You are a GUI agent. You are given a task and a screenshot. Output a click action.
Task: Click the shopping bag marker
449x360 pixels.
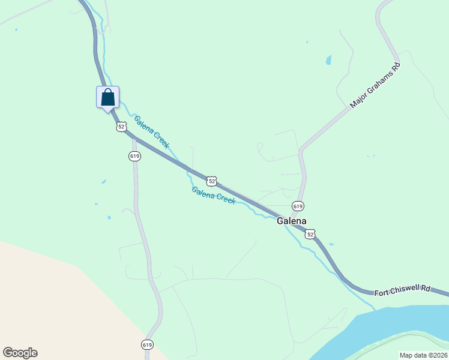pos(108,97)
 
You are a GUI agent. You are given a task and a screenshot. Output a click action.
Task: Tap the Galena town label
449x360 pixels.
pos(292,221)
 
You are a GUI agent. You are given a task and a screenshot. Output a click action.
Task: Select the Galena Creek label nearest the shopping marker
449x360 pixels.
pos(152,132)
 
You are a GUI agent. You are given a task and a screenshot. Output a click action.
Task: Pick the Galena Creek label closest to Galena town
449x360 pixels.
pos(213,195)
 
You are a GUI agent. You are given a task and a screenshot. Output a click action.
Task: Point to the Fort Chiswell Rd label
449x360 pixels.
pos(403,290)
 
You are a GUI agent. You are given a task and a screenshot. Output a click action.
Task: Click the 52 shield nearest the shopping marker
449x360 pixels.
pos(121,127)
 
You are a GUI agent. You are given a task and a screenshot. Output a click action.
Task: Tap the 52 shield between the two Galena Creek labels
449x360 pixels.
pos(211,181)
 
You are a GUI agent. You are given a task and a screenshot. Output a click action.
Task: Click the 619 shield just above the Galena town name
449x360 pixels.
pos(298,206)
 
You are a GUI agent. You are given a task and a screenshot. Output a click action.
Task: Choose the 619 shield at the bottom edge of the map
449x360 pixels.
pos(148,344)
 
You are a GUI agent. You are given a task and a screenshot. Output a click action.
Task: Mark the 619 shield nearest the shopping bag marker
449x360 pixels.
pos(134,156)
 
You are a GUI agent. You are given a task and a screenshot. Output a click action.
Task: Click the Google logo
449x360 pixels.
pos(20,353)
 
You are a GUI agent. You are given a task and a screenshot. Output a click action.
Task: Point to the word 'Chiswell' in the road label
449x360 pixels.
pos(410,290)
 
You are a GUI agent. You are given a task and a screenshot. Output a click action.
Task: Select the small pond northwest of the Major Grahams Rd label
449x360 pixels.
pos(328,60)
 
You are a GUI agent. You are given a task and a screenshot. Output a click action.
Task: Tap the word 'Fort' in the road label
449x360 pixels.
pos(382,293)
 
